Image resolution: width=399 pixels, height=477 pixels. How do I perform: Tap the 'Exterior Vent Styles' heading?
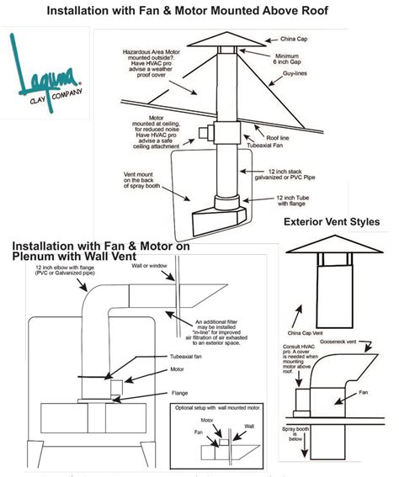[x=332, y=222]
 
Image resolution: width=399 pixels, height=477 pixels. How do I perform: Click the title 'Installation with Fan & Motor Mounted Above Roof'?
[x=199, y=12]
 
